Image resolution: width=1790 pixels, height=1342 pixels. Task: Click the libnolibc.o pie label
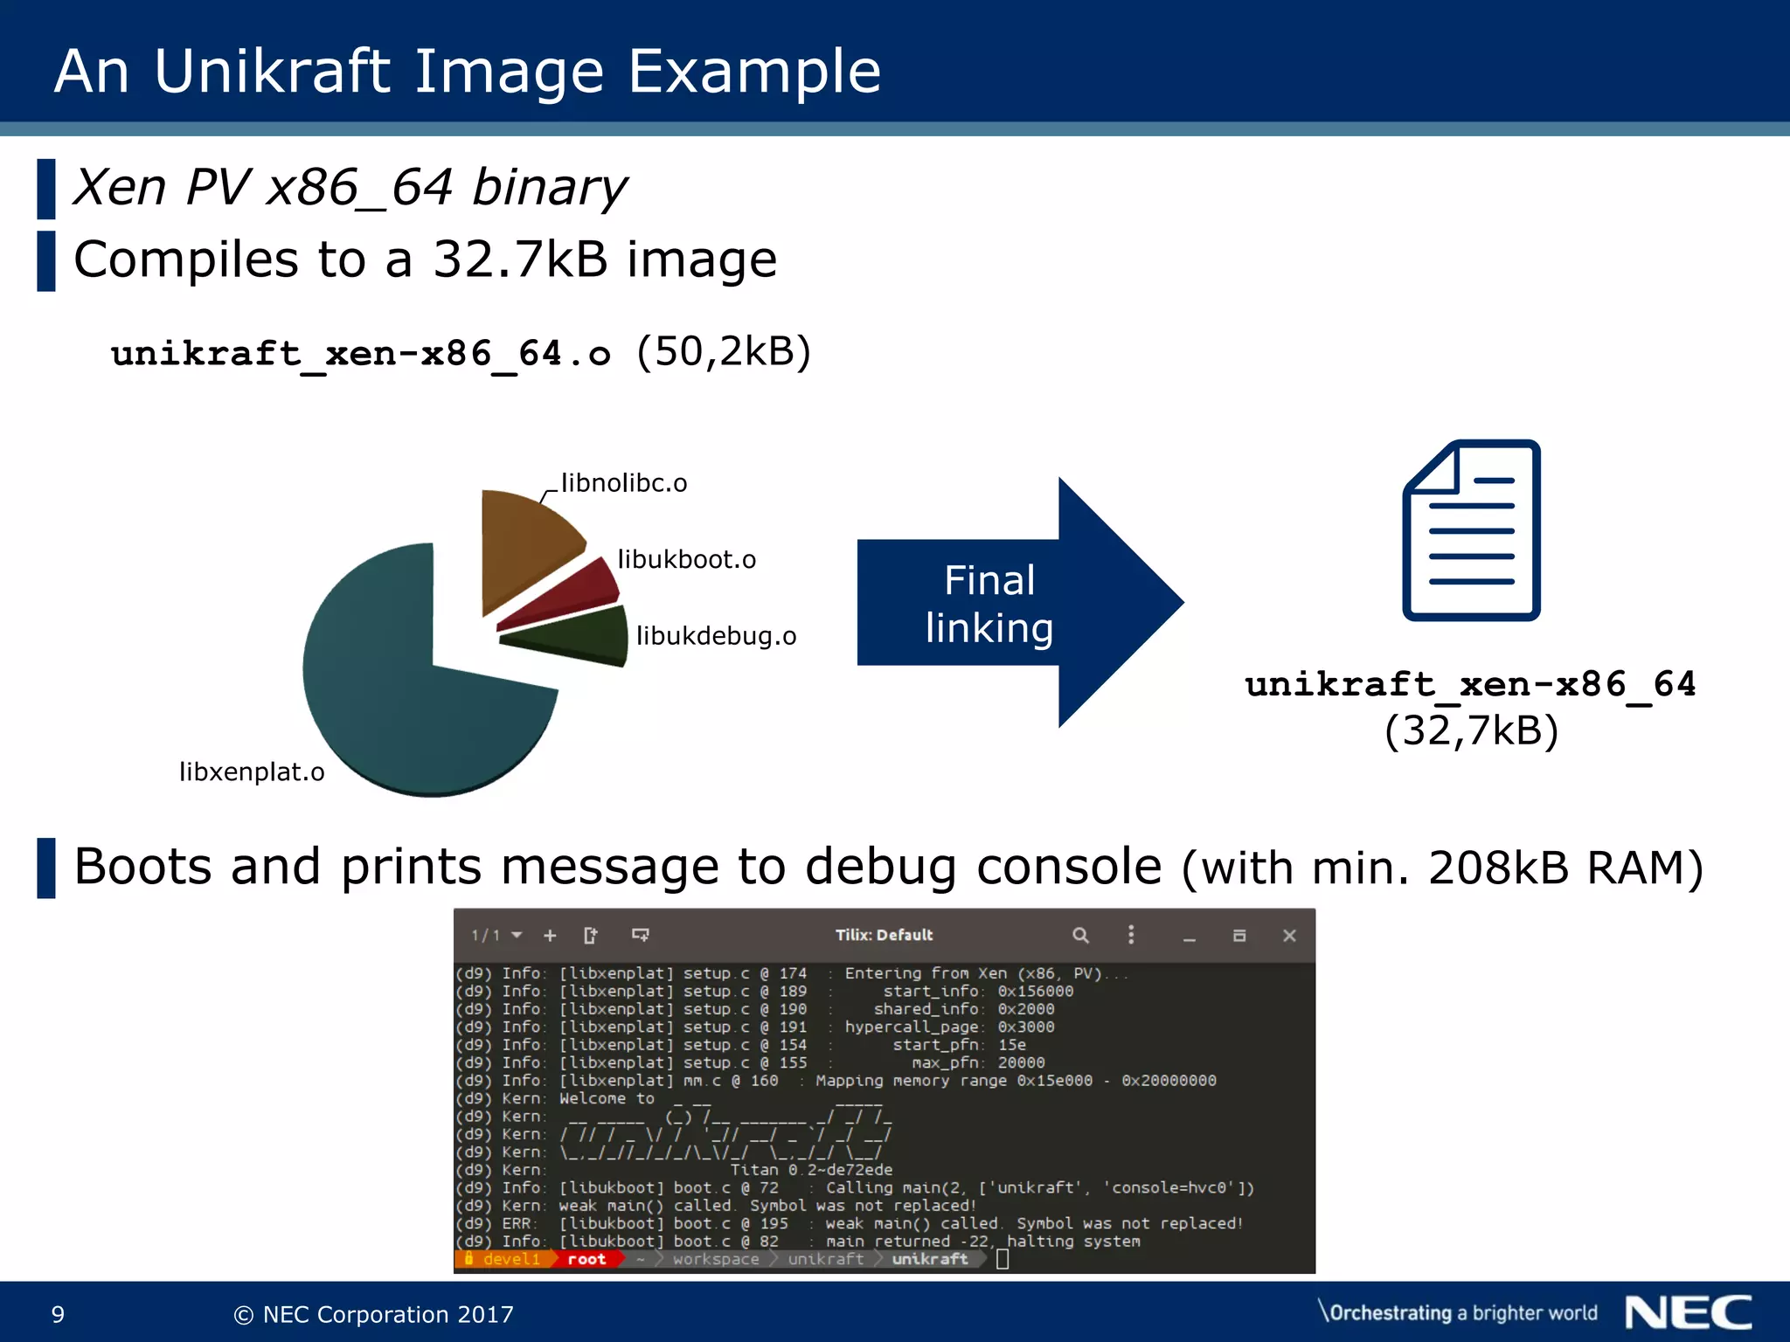click(624, 483)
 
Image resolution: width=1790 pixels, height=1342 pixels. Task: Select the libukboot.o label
click(687, 559)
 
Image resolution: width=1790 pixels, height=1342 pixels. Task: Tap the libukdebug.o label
click(716, 636)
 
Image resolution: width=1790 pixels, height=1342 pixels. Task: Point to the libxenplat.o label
click(252, 772)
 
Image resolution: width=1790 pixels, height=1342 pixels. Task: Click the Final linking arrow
click(1014, 603)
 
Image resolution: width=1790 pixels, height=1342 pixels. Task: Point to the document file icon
click(1471, 530)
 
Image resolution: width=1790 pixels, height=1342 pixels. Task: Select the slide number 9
click(58, 1314)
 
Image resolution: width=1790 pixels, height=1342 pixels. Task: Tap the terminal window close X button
click(1289, 936)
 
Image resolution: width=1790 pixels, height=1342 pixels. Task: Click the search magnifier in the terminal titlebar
click(1080, 936)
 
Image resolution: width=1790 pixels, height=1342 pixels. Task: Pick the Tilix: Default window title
click(884, 935)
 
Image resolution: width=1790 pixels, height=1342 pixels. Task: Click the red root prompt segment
click(586, 1259)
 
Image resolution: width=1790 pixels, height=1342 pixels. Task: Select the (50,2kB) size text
click(724, 352)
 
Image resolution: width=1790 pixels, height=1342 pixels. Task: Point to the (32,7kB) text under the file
click(1472, 730)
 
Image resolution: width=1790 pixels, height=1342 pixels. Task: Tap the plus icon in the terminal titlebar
click(550, 936)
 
